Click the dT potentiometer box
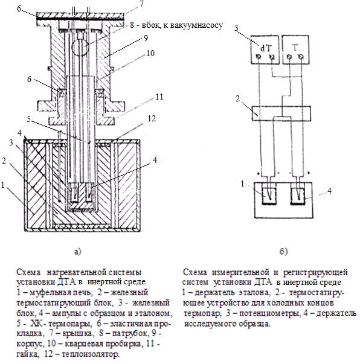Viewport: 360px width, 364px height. [x=265, y=49]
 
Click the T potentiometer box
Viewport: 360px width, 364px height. [x=295, y=49]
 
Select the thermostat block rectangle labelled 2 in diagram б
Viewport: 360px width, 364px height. [x=281, y=113]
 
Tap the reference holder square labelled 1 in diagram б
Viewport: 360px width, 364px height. [x=269, y=196]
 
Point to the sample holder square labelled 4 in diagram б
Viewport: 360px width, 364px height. [x=298, y=196]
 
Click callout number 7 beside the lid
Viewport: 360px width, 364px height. [x=141, y=4]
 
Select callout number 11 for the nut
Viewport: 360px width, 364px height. [x=159, y=97]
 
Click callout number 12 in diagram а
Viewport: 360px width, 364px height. [x=152, y=119]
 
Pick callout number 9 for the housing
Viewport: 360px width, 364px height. [x=146, y=38]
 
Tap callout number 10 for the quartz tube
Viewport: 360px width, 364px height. [x=150, y=53]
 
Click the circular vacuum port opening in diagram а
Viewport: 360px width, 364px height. [x=80, y=47]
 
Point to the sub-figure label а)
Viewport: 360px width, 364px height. [x=78, y=251]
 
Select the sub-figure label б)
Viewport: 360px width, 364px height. [x=283, y=251]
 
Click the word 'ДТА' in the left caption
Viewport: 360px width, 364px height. [x=66, y=282]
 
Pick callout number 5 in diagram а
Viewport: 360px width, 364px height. [x=28, y=119]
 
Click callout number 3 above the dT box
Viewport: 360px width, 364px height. [x=236, y=28]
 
